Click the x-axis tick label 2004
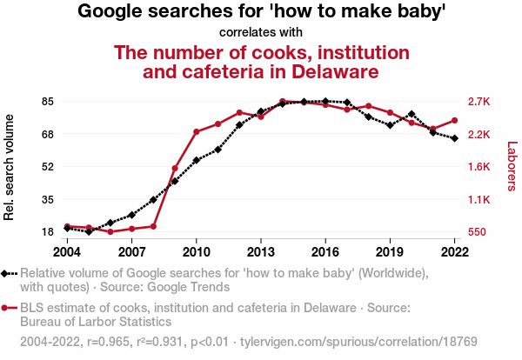click(67, 251)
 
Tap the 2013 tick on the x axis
click(261, 251)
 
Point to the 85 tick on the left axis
click(47, 102)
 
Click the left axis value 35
click(47, 199)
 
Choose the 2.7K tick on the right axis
click(479, 102)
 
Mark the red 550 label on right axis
click(478, 232)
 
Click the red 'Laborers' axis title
click(512, 167)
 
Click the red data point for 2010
click(197, 131)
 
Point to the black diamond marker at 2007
click(131, 215)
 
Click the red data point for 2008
click(153, 226)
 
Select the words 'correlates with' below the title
click(261, 32)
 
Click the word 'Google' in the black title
click(114, 11)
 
